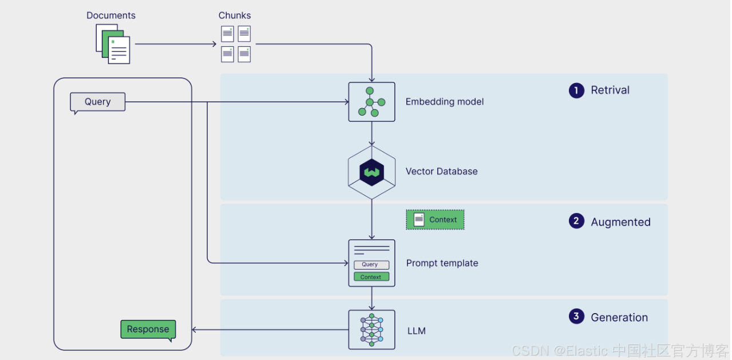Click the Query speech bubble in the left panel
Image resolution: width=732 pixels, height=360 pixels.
[97, 102]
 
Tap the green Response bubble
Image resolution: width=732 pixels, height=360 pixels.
[148, 329]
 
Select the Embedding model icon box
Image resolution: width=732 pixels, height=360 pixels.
[371, 102]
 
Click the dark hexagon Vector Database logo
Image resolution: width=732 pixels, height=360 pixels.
[371, 172]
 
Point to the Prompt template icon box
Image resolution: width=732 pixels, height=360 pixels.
[371, 263]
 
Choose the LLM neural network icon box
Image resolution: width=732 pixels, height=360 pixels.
[371, 330]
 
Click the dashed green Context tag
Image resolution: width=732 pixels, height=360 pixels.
[435, 220]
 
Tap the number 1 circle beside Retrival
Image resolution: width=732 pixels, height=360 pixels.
[576, 90]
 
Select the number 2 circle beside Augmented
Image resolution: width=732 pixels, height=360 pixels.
[576, 221]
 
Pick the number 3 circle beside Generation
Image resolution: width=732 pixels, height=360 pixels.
[576, 317]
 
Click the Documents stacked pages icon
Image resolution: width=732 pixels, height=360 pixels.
[113, 43]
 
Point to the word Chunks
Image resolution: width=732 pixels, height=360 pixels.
[235, 15]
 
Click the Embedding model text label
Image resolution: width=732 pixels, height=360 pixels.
[445, 102]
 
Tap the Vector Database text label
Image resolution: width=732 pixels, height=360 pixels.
[441, 171]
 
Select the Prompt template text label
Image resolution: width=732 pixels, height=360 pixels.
[442, 263]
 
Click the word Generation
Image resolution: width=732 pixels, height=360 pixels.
[619, 318]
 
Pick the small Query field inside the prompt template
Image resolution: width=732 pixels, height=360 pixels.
[371, 264]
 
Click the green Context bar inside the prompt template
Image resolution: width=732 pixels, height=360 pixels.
[371, 276]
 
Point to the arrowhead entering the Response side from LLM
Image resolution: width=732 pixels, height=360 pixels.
[194, 330]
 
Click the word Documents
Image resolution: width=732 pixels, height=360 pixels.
[111, 15]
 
